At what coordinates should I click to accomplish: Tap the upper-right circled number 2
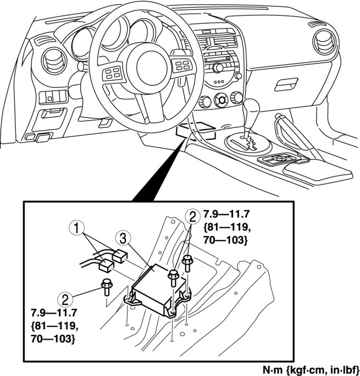pyautogui.click(x=192, y=215)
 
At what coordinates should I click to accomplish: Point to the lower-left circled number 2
pyautogui.click(x=67, y=300)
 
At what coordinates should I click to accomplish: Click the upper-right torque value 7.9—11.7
pyautogui.click(x=222, y=212)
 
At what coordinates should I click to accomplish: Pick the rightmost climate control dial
pyautogui.click(x=237, y=97)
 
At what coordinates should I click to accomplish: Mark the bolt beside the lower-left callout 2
pyautogui.click(x=106, y=287)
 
